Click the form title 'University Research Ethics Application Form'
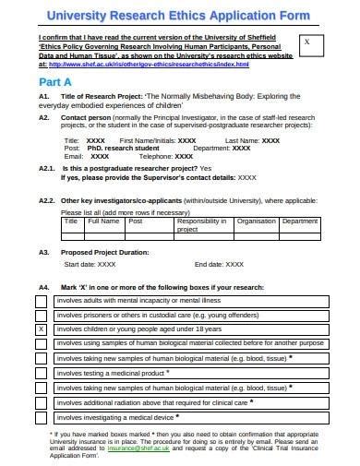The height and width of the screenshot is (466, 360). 181,15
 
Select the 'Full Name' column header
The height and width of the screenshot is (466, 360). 102,221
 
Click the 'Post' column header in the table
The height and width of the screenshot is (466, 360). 135,221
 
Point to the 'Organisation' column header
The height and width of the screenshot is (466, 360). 256,221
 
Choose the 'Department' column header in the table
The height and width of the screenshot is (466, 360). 299,221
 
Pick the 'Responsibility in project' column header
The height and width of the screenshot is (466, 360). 200,225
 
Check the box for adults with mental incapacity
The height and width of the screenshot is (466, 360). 42,301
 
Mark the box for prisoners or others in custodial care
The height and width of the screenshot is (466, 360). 42,315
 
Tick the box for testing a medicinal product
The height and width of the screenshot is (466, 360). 42,374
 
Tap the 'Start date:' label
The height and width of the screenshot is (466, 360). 78,264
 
